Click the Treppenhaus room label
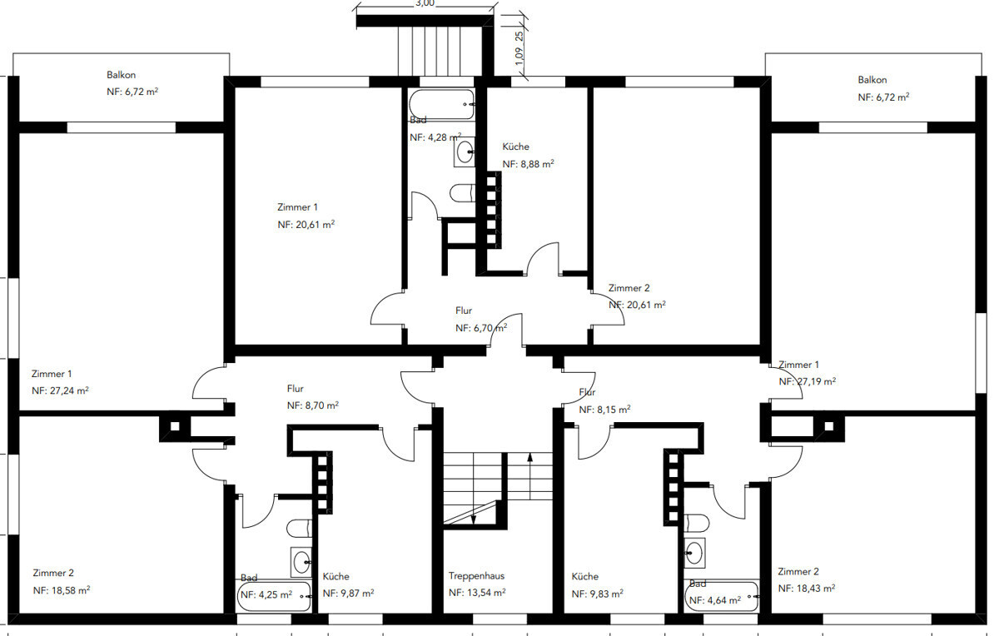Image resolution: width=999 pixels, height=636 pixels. (x=476, y=576)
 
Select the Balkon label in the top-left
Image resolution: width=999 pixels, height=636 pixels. (x=121, y=75)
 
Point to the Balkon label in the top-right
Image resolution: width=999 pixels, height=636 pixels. (x=872, y=80)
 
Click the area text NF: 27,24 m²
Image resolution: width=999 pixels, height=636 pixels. (x=60, y=390)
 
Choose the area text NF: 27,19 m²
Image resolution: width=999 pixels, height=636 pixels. (x=808, y=382)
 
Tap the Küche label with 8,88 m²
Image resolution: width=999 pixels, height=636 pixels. (x=515, y=147)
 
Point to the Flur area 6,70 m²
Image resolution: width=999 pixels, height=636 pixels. (x=481, y=328)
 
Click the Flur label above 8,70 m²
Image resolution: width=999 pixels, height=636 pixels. (x=296, y=389)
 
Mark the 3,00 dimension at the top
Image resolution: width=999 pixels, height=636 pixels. (x=425, y=3)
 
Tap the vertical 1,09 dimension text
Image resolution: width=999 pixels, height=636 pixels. (x=518, y=56)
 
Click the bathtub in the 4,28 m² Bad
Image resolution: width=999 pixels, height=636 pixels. (x=442, y=104)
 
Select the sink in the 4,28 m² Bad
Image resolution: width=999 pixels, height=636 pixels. (x=465, y=152)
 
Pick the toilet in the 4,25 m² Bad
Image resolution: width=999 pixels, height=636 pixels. (x=299, y=529)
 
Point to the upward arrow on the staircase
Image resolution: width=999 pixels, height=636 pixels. (x=529, y=476)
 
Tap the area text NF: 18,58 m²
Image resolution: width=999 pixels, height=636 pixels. (x=62, y=590)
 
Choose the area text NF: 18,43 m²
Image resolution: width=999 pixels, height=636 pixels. (x=807, y=589)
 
